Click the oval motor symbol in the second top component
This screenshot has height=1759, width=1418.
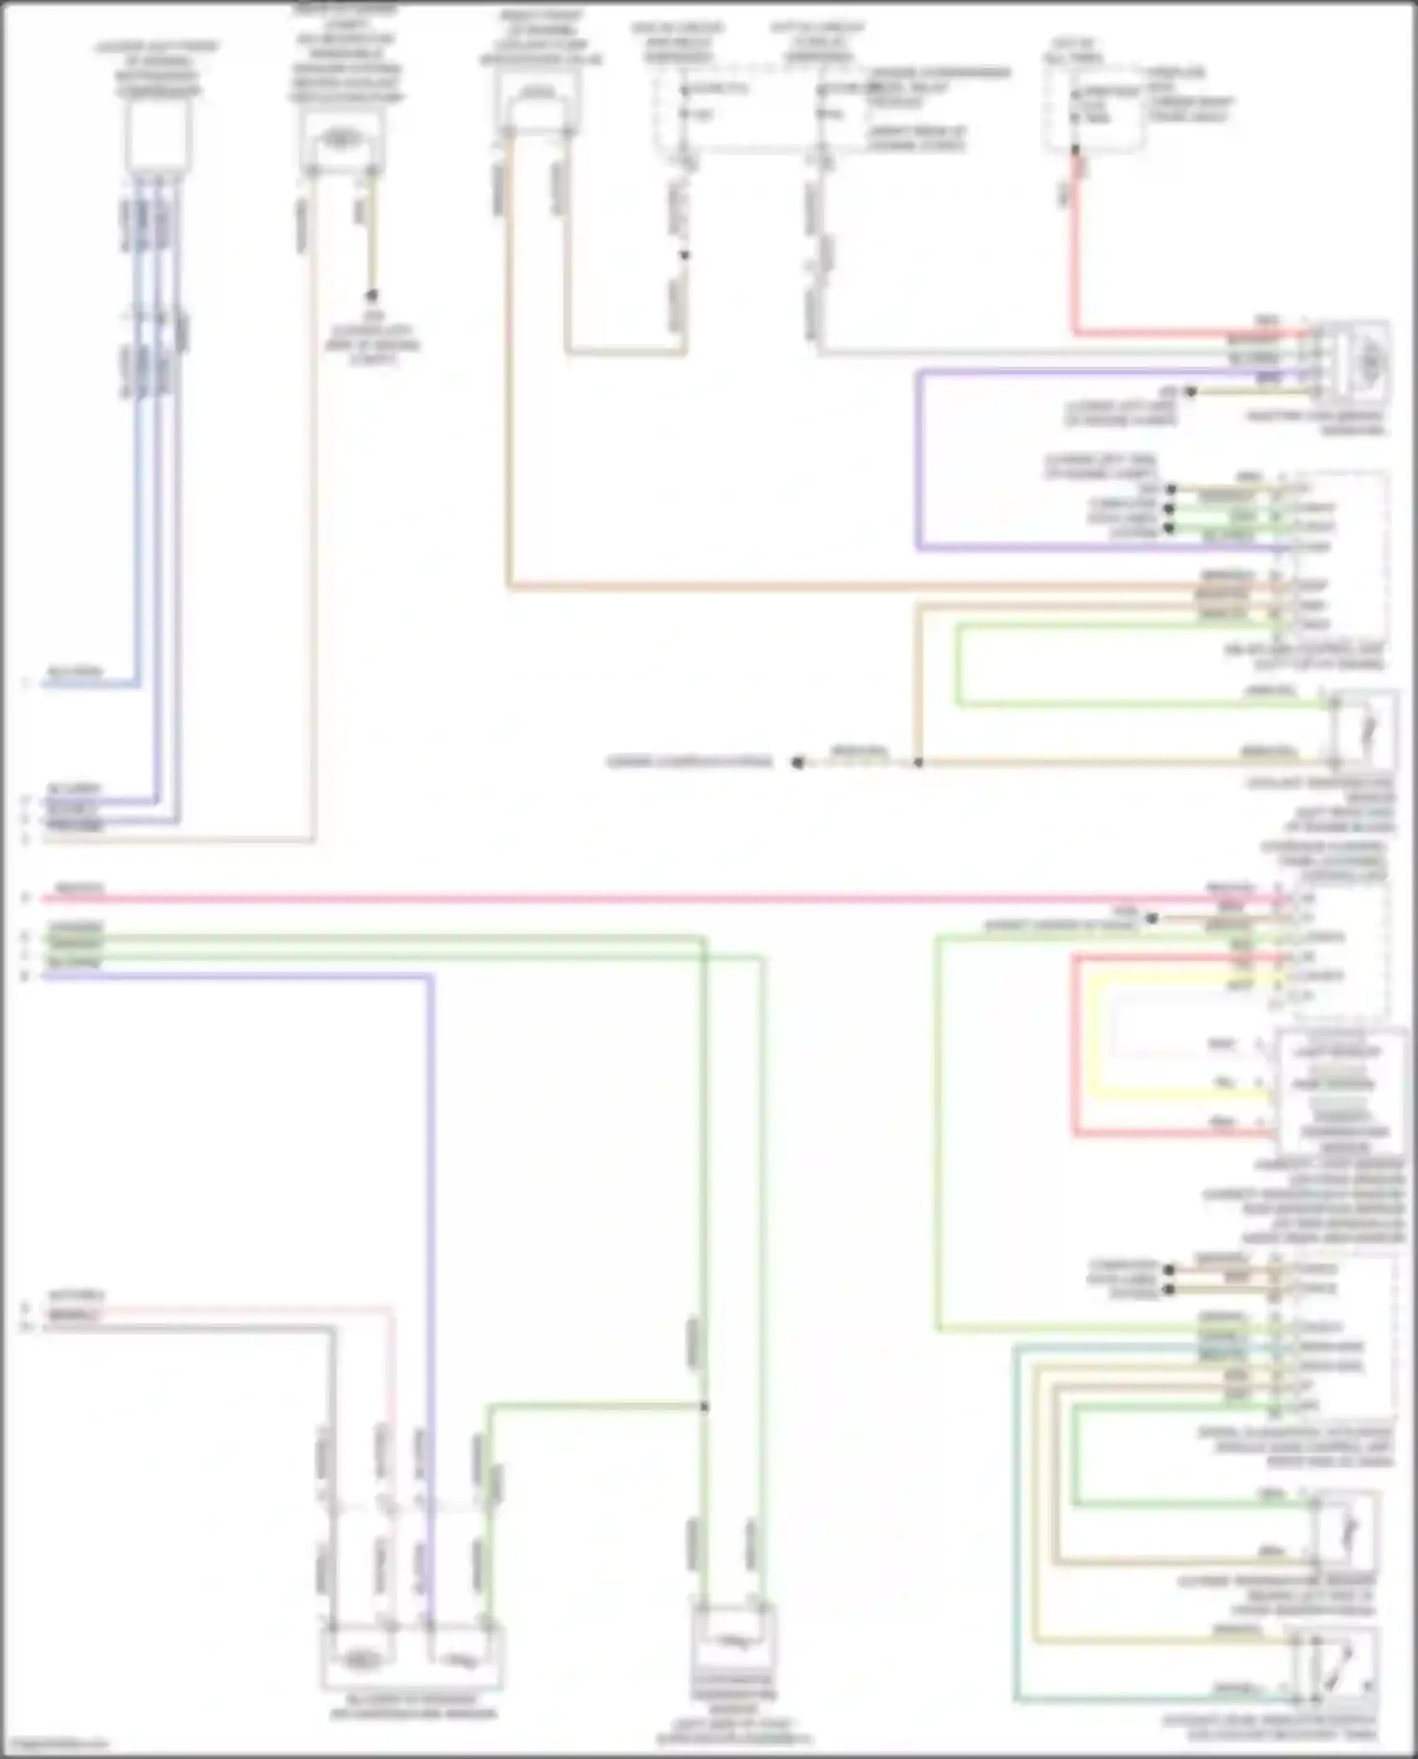(341, 139)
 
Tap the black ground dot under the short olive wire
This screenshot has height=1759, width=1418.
(372, 295)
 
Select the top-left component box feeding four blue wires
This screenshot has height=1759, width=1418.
(159, 135)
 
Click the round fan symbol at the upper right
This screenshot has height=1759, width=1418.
(1368, 359)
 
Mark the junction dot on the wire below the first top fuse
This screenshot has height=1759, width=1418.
(685, 255)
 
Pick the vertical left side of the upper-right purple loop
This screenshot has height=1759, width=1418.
(919, 458)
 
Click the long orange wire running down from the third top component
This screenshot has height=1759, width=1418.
(509, 378)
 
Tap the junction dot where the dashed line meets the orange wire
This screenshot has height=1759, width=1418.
(918, 762)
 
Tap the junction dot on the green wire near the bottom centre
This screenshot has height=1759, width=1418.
(704, 1406)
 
